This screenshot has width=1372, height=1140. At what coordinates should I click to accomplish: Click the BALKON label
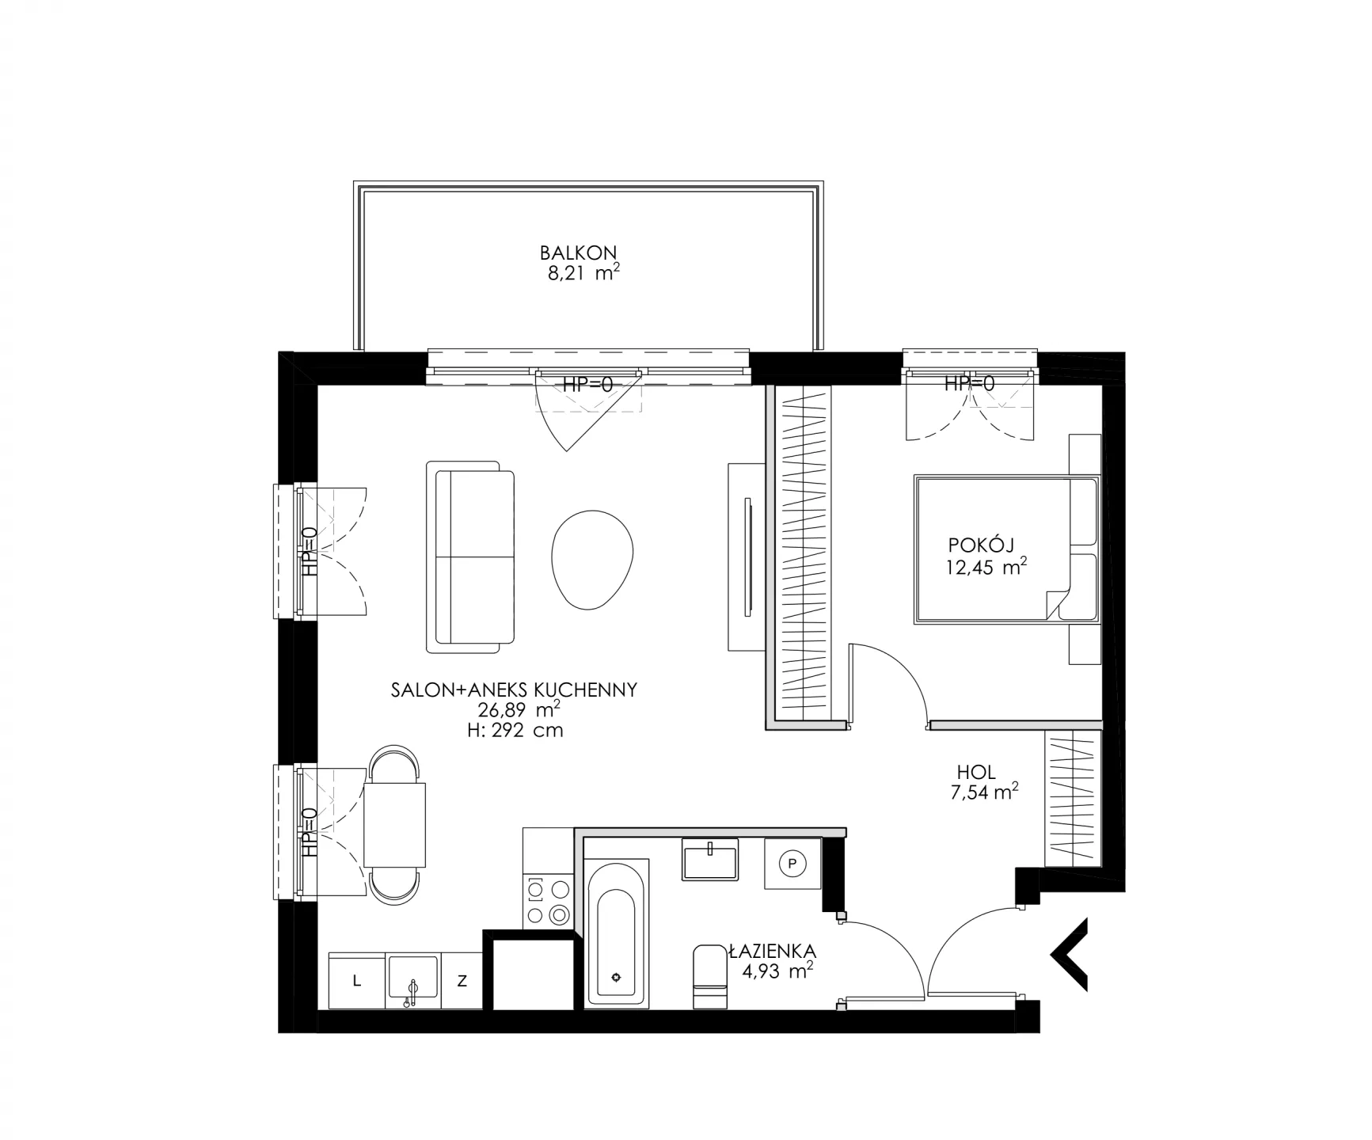tap(578, 253)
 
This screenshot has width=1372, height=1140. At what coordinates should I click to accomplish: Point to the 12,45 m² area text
tap(986, 567)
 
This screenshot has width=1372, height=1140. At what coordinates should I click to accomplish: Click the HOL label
tap(976, 772)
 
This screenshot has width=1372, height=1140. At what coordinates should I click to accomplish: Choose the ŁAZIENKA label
tap(773, 951)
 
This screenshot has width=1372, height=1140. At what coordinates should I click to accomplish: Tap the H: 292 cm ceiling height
tap(515, 731)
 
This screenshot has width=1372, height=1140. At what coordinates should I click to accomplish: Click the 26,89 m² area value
tap(519, 710)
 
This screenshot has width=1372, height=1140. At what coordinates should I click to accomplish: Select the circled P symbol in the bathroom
tap(791, 864)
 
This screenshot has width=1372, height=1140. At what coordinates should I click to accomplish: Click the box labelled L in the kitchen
tap(357, 981)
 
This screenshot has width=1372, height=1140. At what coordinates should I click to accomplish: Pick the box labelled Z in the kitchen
tap(462, 981)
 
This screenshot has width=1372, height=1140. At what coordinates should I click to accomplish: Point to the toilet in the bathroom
tap(709, 976)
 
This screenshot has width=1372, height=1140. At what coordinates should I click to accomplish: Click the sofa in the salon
tap(470, 557)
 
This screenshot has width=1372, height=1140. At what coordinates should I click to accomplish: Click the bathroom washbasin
tap(710, 861)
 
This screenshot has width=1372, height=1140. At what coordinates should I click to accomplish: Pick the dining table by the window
tap(394, 824)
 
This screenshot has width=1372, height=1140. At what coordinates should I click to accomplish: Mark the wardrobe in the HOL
tap(1073, 798)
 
